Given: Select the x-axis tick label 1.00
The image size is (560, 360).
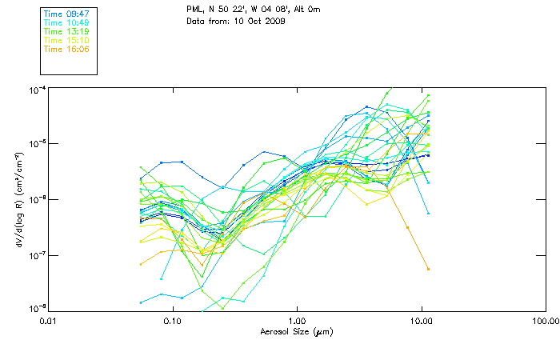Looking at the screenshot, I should [x=297, y=320].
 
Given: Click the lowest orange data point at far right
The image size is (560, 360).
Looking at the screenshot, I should [x=428, y=269].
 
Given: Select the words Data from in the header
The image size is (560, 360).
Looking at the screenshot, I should [x=206, y=22].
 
